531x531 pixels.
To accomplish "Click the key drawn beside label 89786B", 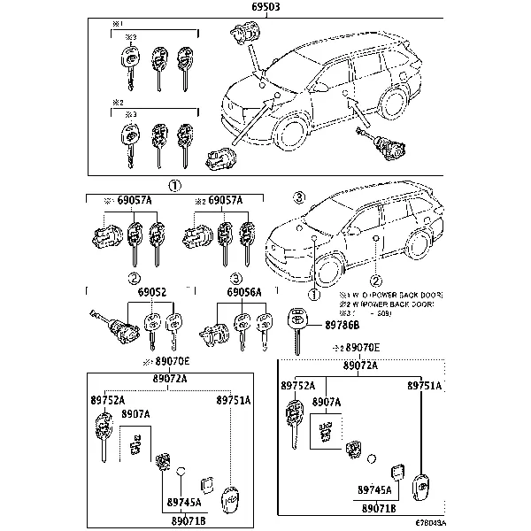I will point(298,327).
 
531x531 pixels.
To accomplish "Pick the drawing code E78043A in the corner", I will point(505,523).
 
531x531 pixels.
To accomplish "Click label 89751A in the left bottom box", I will point(234,400).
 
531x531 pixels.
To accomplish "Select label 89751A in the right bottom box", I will point(424,386).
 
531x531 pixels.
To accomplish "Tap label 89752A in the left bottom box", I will point(107,400).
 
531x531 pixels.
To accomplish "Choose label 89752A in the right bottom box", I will point(298,386).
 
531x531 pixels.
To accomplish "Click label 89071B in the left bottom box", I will point(188,519).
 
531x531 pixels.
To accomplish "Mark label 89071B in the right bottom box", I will point(378,508).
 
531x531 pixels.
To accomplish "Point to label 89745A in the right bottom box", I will point(375,489).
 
